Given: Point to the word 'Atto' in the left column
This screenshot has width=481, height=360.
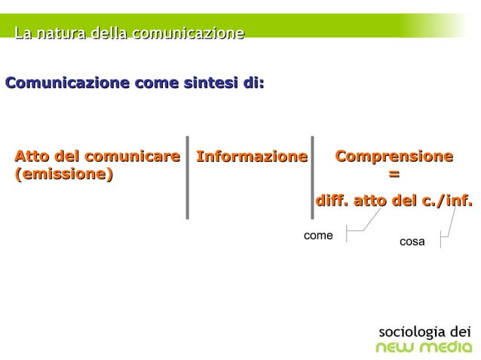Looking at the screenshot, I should click(x=31, y=157).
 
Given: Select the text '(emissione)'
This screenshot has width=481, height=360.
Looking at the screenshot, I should click(x=63, y=175).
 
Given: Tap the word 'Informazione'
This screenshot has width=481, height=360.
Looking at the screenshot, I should click(x=252, y=157).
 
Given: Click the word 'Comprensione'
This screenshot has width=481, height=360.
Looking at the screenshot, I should click(x=394, y=157).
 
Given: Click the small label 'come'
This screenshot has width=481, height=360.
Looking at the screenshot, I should click(x=317, y=236).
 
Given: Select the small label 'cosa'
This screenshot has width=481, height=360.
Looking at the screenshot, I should click(x=412, y=242).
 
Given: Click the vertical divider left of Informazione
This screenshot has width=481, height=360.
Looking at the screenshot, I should click(x=187, y=178).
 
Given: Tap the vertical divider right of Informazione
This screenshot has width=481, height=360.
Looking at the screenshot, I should click(x=312, y=178).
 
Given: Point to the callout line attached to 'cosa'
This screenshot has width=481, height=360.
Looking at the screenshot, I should click(x=450, y=226).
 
